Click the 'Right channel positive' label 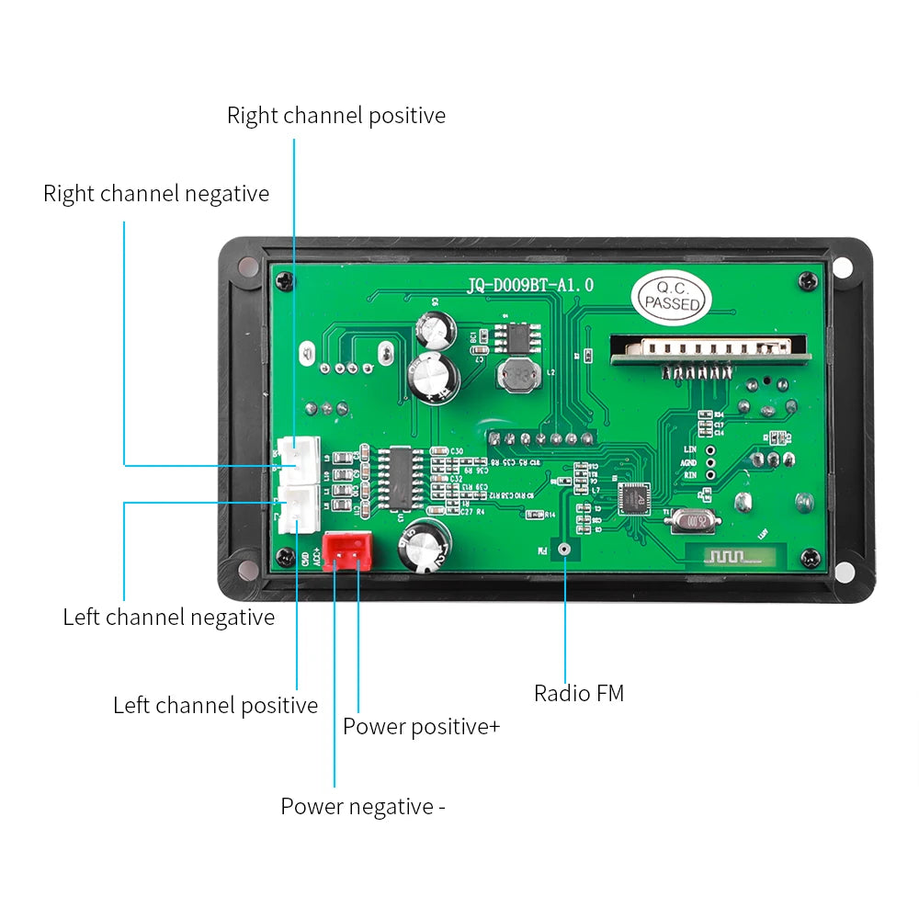pyautogui.click(x=336, y=116)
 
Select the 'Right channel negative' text pyautogui.click(x=156, y=194)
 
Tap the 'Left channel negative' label pyautogui.click(x=168, y=617)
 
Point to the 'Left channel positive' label pyautogui.click(x=215, y=705)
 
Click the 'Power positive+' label pyautogui.click(x=421, y=726)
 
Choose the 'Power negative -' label pyautogui.click(x=362, y=806)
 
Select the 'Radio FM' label pyautogui.click(x=579, y=693)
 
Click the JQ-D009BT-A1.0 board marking pyautogui.click(x=530, y=286)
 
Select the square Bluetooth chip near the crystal pyautogui.click(x=633, y=497)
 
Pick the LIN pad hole pyautogui.click(x=710, y=449)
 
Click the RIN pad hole pyautogui.click(x=710, y=476)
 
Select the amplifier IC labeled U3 pyautogui.click(x=400, y=476)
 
